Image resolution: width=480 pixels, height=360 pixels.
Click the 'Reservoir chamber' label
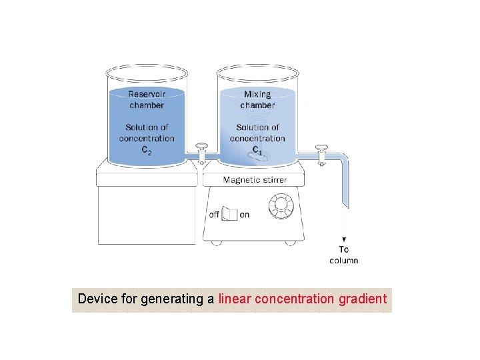point(147,100)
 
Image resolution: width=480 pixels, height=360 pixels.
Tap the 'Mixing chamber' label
point(257,100)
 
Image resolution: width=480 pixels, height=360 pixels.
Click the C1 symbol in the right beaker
point(257,150)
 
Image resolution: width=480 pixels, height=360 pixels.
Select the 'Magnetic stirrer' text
point(255,179)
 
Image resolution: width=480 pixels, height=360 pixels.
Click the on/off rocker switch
point(229,213)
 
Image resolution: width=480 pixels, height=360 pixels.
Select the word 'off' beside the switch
point(214,215)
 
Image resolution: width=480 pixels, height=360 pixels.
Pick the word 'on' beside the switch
point(245,215)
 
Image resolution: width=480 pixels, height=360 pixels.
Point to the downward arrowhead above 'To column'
point(344,239)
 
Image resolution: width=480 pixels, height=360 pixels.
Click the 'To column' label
point(344,255)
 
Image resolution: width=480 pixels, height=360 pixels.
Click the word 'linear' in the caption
point(233,299)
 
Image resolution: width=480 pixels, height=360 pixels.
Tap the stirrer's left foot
point(216,243)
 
